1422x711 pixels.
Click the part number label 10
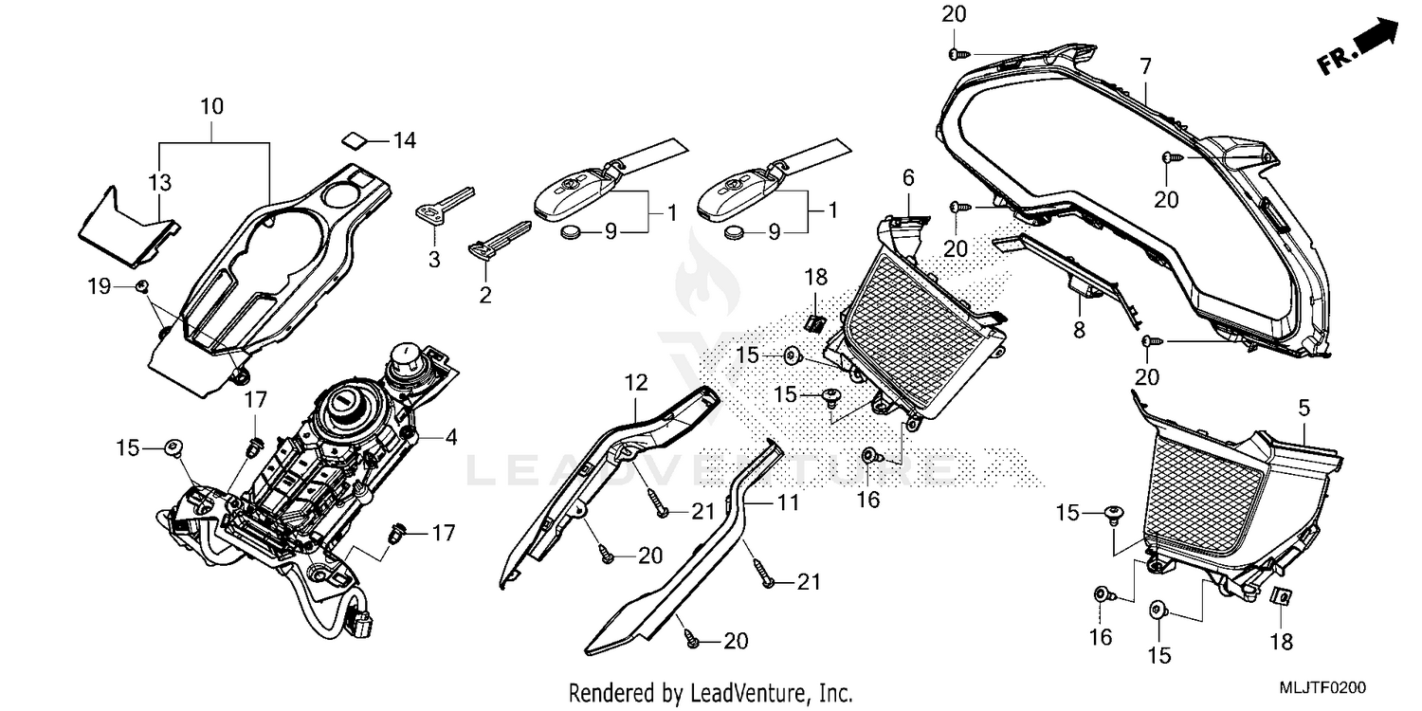tap(212, 106)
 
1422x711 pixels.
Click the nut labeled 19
tap(142, 286)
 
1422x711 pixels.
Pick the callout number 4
tap(451, 438)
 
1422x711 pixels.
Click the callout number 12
tap(635, 384)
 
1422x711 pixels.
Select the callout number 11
tap(789, 503)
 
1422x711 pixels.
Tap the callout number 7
tap(1145, 66)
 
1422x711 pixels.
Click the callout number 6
tap(907, 177)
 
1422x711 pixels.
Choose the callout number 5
tap(1304, 409)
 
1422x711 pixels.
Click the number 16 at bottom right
tap(1100, 636)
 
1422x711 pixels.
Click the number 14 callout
tap(405, 141)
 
